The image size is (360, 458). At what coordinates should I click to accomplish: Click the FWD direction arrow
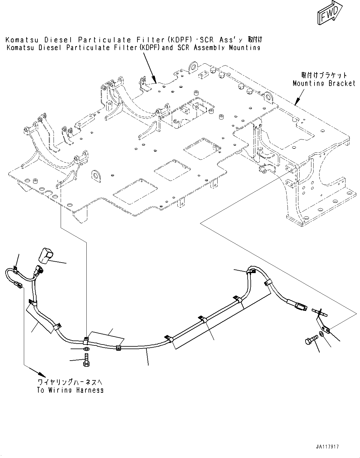click(x=328, y=13)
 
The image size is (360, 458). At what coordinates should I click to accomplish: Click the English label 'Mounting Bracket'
click(x=324, y=83)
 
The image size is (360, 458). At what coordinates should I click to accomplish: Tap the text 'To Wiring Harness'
click(x=70, y=390)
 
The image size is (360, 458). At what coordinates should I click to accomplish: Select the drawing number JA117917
click(x=327, y=447)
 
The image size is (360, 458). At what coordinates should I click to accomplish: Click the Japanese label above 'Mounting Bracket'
click(x=324, y=75)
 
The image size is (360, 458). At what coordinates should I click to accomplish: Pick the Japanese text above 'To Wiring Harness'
click(x=70, y=382)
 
